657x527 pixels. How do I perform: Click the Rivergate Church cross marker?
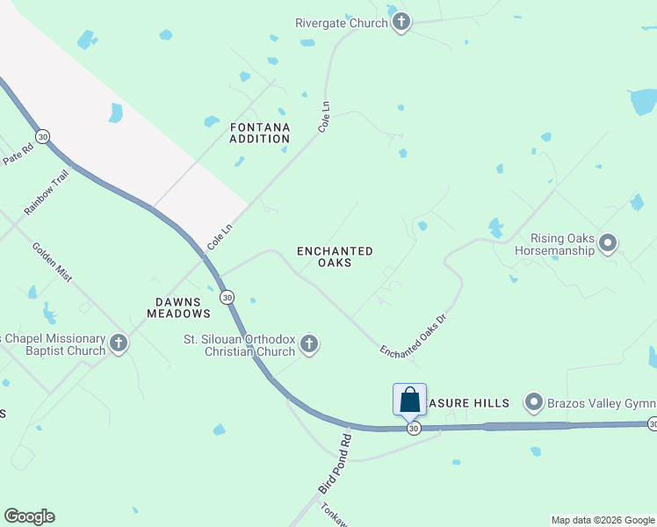pos(401,22)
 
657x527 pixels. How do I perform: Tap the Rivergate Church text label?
pos(342,23)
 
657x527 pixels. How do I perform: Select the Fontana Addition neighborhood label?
pos(260,133)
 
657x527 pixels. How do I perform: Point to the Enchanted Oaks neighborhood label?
pos(335,256)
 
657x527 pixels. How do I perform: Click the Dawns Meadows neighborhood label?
pos(178,307)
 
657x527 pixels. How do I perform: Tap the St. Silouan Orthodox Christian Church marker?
pos(308,344)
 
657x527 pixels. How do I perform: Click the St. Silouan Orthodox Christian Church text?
pos(239,345)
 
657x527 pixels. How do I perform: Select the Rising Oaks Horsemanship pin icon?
pos(606,243)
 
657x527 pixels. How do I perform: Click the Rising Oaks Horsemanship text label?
pos(563,244)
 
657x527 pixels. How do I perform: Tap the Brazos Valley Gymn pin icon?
pos(533,403)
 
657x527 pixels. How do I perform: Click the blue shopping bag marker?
pos(410,401)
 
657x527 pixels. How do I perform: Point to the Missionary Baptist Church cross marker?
pos(119,343)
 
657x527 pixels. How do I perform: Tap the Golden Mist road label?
pos(53,262)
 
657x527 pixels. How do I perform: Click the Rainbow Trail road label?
pos(46,192)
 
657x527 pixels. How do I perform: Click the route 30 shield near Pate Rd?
pos(43,137)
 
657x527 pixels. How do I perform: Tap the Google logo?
pos(29,516)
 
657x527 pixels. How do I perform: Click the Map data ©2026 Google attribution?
pos(602,520)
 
